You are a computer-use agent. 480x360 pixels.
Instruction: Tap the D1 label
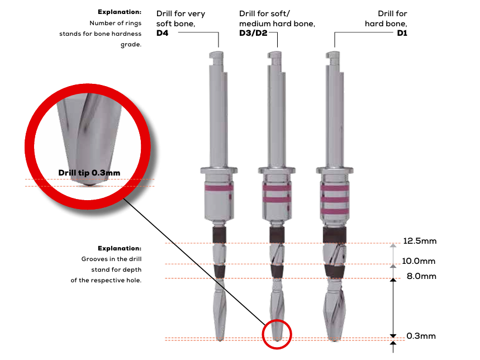pyautogui.click(x=402, y=34)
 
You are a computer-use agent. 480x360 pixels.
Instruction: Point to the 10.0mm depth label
pyautogui.click(x=419, y=261)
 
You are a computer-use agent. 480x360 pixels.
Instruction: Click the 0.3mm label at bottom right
pyautogui.click(x=421, y=336)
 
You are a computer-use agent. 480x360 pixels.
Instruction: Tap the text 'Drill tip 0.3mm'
pyautogui.click(x=89, y=173)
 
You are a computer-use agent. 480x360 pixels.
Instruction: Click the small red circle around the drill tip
pyautogui.click(x=277, y=334)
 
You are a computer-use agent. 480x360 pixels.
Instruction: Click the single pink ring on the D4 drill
pyautogui.click(x=219, y=189)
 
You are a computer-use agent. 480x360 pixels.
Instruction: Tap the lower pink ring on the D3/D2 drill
pyautogui.click(x=277, y=198)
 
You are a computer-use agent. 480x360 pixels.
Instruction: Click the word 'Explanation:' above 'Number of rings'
pyautogui.click(x=119, y=12)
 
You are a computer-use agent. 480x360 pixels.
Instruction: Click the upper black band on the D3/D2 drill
pyautogui.click(x=277, y=235)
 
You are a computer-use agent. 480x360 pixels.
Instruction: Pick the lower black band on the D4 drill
pyautogui.click(x=219, y=272)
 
